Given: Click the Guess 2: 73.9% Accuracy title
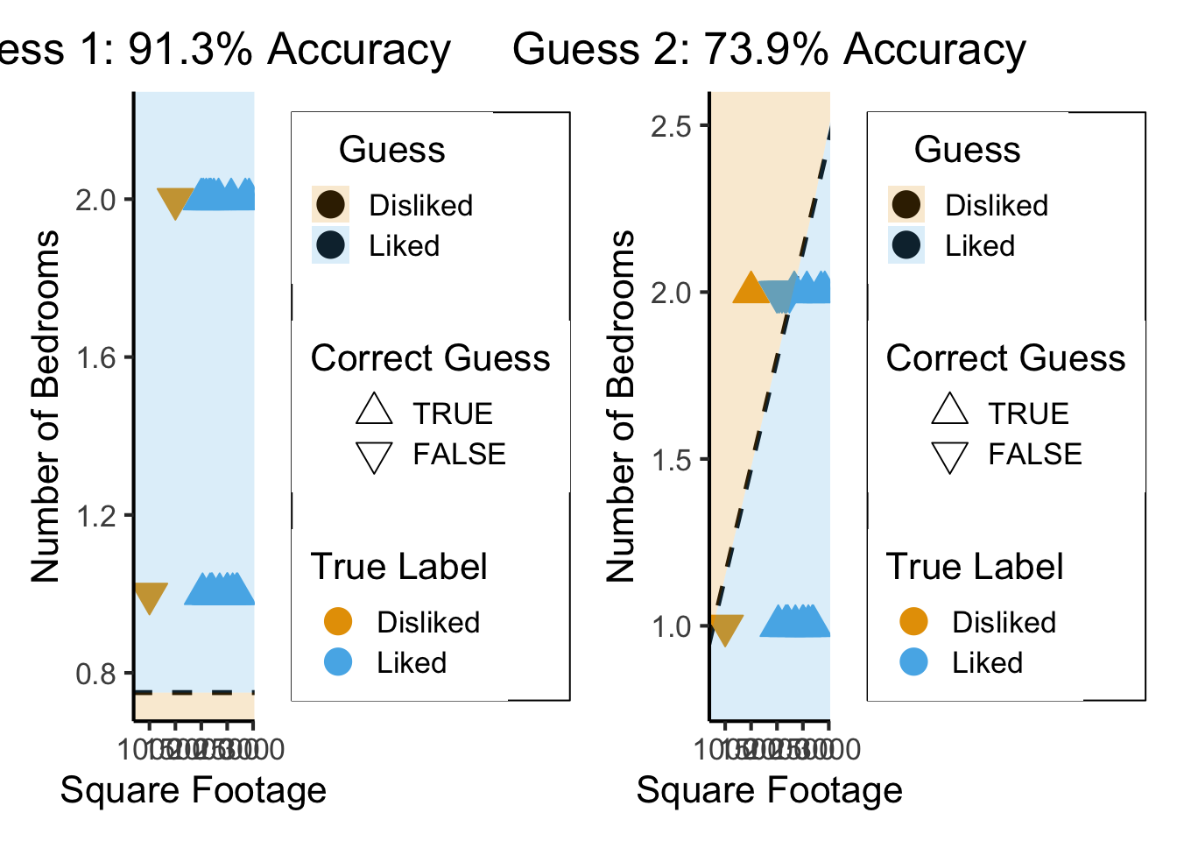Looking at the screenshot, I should pos(769,49).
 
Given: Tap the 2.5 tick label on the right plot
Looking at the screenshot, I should pos(671,126).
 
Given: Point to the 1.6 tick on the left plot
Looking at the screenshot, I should pos(95,357).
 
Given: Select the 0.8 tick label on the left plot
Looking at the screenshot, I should pos(95,674).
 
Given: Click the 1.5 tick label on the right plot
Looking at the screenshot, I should pos(671,460).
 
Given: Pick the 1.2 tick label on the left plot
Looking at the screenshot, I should pos(95,516).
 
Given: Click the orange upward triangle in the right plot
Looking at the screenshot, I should pos(751,288).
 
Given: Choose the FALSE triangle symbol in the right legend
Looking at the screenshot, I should pos(949,456).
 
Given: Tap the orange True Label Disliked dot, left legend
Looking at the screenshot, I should pos(338,621).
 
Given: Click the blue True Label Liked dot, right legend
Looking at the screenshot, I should pos(913,662).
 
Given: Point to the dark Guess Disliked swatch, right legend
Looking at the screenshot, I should pos(906,204).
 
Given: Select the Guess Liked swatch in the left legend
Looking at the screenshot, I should pos(331,245).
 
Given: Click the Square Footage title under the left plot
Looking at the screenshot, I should pos(193,789).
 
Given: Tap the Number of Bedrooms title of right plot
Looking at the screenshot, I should pos(620,406).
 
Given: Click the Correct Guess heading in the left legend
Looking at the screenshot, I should pos(430,358).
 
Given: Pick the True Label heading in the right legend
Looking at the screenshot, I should pos(975,567).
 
